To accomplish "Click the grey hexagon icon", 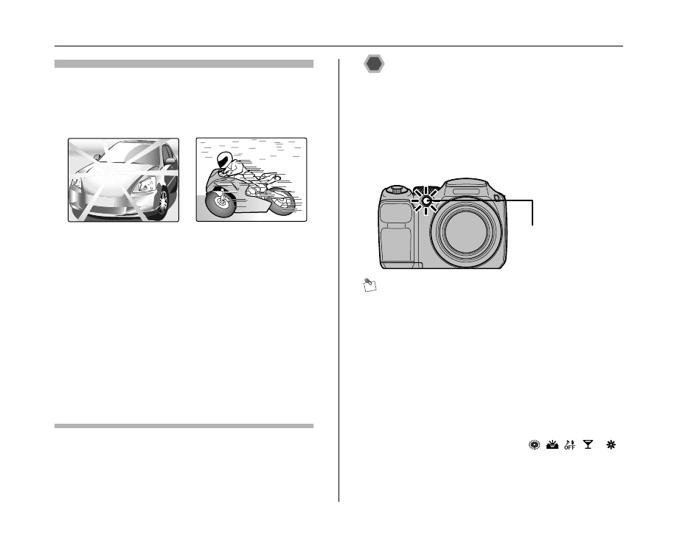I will tap(375, 64).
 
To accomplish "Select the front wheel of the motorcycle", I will tap(218, 203).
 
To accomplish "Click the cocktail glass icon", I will tap(588, 445).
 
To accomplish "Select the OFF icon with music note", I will tap(569, 445).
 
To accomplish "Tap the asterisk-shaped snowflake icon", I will tap(611, 445).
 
